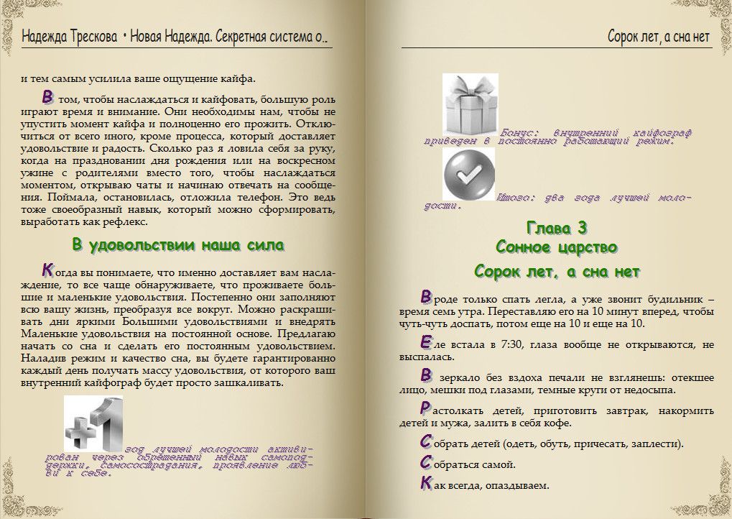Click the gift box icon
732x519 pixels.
471,101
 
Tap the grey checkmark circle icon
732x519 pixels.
469,175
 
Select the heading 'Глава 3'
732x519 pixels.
557,229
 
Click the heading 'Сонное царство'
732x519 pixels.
557,248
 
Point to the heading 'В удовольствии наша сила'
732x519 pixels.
178,245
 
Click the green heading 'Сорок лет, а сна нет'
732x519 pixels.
557,272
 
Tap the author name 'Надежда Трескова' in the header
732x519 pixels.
69,36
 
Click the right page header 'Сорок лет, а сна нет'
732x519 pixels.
658,36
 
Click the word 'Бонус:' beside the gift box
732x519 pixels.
522,132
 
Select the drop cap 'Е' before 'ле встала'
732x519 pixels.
426,343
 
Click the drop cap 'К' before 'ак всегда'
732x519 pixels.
426,484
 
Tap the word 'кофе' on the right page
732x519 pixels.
555,423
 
